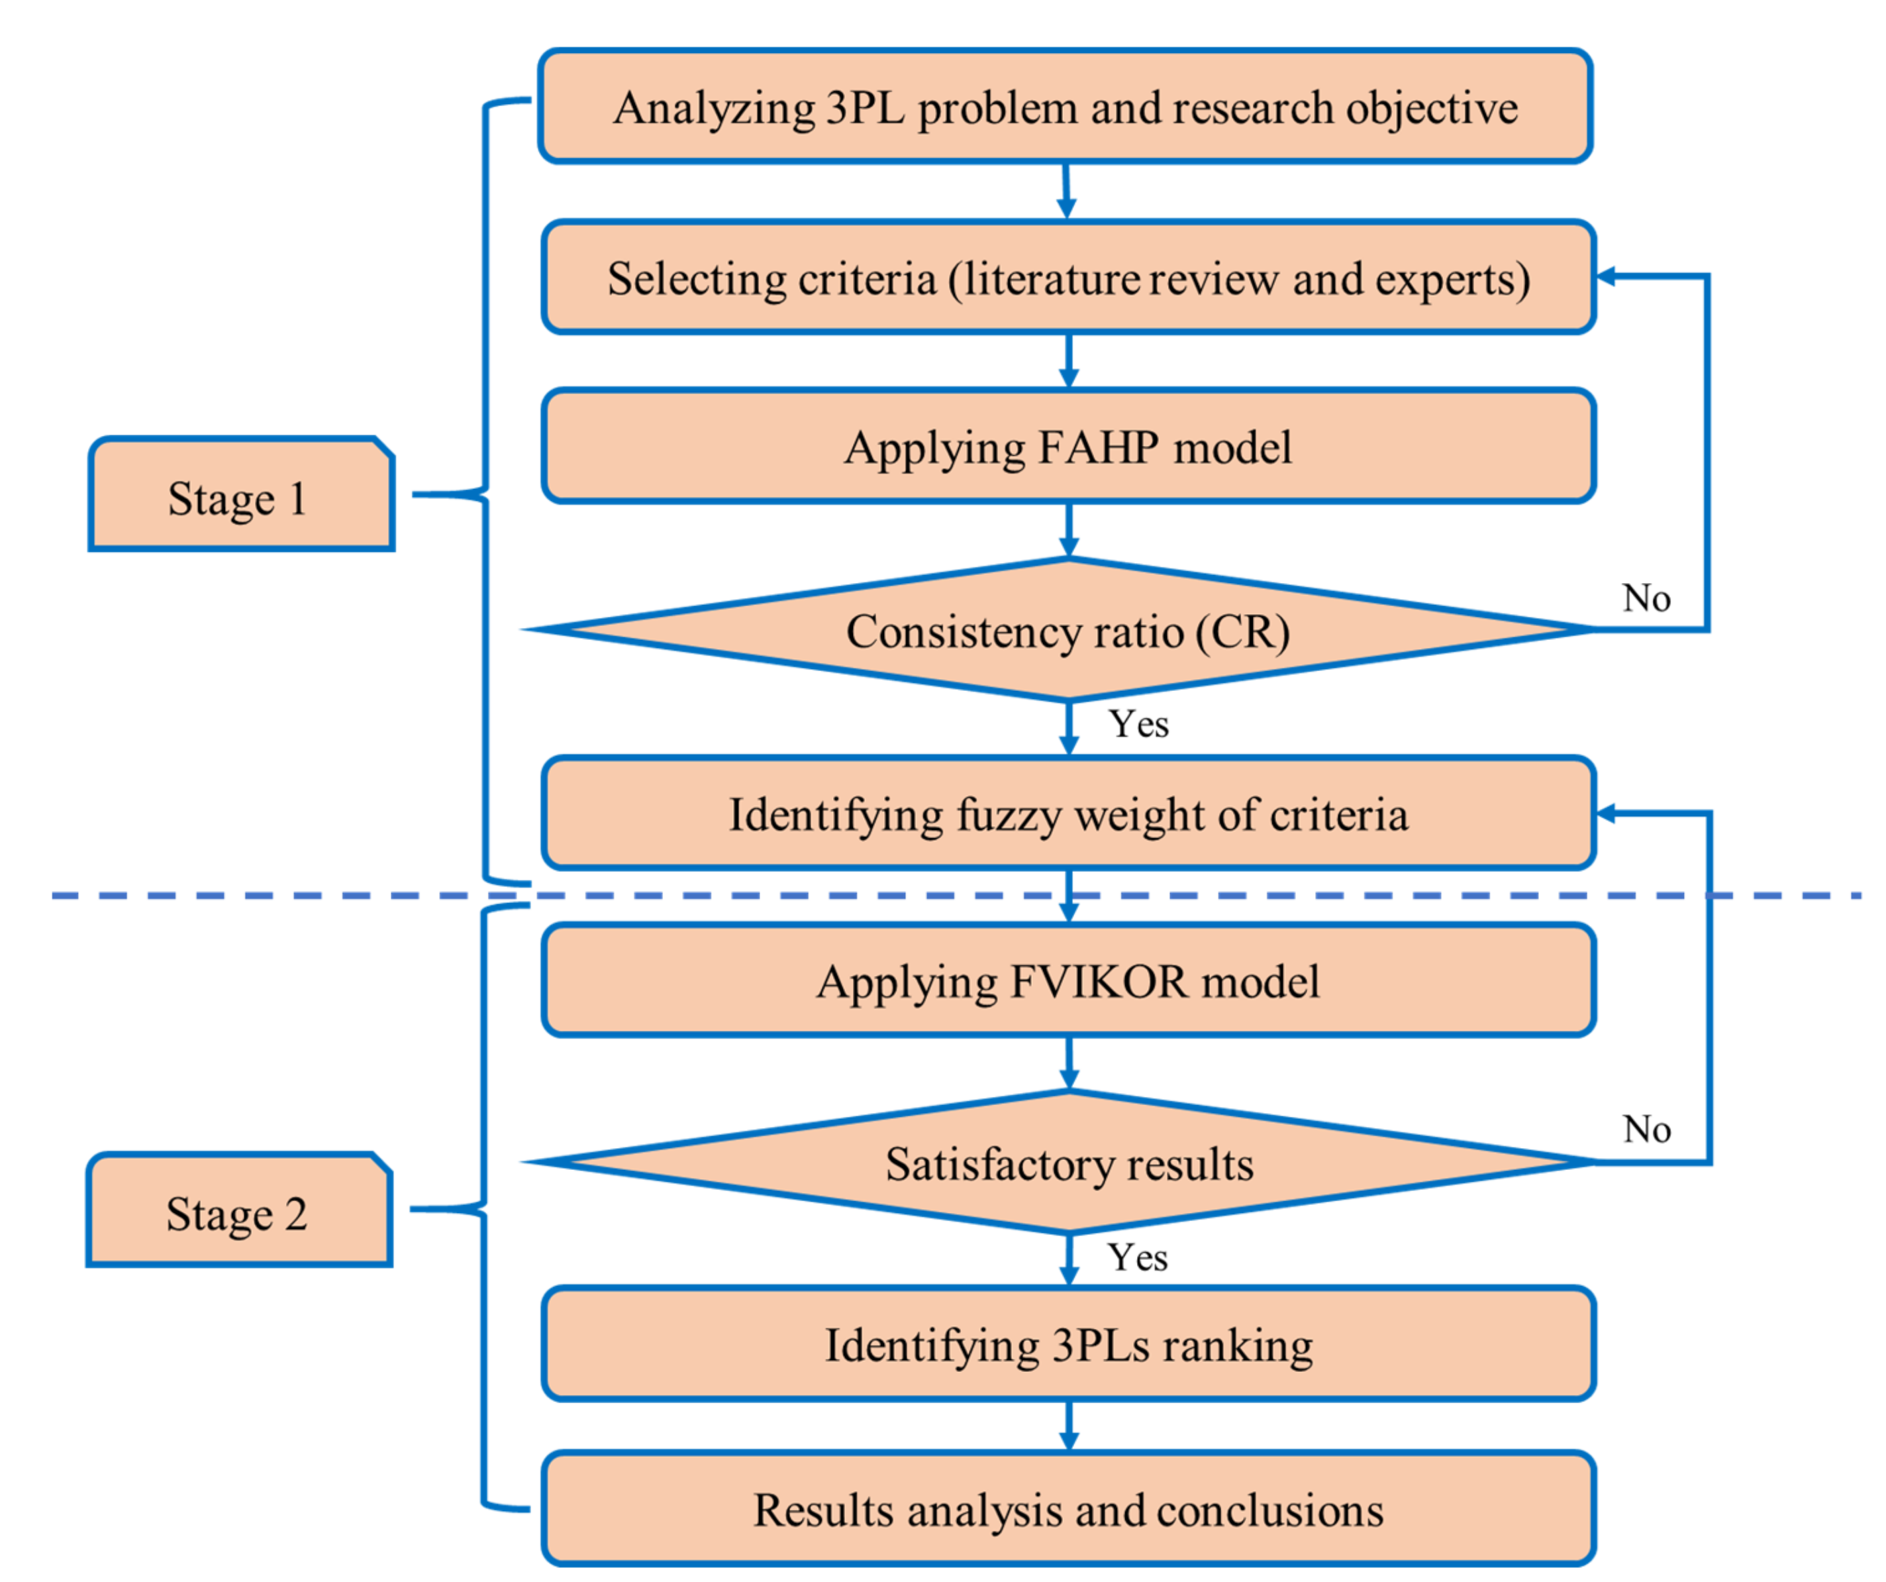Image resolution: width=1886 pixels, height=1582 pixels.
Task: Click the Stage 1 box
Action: tap(240, 494)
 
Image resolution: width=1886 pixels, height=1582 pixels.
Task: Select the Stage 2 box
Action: tap(239, 1210)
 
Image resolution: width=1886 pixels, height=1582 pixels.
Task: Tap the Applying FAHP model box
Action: tap(1068, 447)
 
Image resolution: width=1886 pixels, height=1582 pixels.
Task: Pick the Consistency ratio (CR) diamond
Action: tap(1068, 631)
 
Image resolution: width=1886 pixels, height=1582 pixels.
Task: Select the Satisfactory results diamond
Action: tap(1068, 1163)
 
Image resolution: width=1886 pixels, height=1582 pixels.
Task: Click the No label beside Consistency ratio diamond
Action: tap(1646, 598)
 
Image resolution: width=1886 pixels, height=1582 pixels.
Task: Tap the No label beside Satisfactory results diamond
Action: tap(1646, 1130)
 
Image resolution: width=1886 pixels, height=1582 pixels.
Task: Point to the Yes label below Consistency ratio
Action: tap(1138, 724)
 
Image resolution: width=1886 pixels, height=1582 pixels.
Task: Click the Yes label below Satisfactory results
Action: tap(1137, 1257)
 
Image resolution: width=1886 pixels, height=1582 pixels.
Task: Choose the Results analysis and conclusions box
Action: tap(1068, 1510)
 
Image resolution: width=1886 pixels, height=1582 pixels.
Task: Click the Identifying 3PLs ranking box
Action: tap(1068, 1345)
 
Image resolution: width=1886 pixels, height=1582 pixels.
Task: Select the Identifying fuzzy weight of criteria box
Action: tap(1068, 814)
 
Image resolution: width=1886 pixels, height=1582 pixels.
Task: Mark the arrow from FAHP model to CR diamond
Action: tap(1068, 530)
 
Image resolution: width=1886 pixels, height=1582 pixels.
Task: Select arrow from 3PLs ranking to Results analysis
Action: tap(1068, 1425)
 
